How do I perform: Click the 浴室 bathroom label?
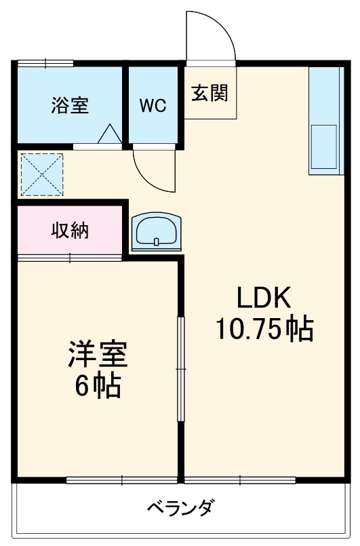(x=71, y=106)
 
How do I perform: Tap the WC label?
(x=153, y=106)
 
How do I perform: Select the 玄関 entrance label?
(x=209, y=93)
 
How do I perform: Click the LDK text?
(x=263, y=298)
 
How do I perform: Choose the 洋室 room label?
(x=98, y=355)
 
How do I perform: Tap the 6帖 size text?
(x=98, y=387)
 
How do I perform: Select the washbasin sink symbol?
(x=157, y=231)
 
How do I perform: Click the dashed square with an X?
(x=41, y=174)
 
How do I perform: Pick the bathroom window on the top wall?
(x=45, y=63)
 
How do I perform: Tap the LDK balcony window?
(x=240, y=481)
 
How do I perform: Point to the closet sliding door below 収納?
(x=71, y=256)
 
